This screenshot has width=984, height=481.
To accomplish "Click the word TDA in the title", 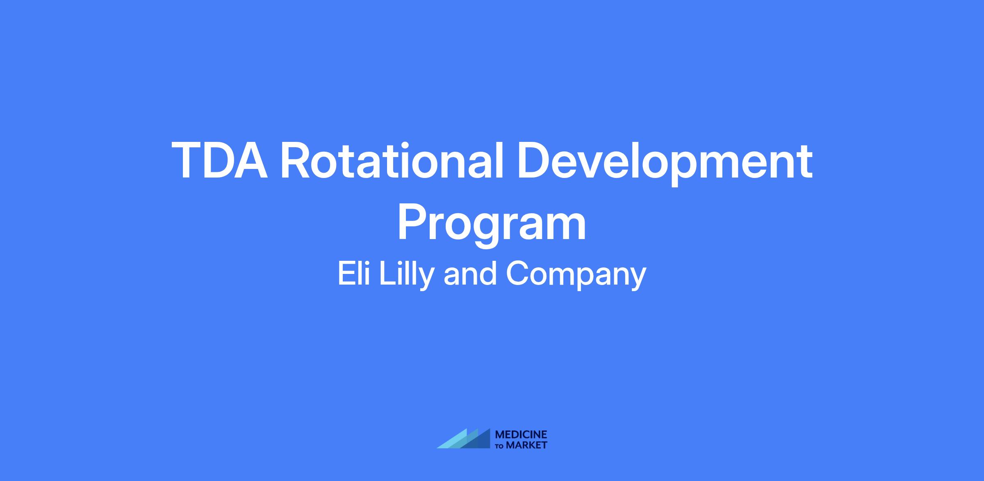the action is tap(220, 160).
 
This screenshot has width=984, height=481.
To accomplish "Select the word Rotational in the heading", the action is tap(392, 160).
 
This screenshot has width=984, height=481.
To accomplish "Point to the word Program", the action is tap(492, 225).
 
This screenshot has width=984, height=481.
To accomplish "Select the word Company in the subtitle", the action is tap(576, 276).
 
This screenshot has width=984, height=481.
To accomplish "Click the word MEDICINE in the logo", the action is tap(521, 435).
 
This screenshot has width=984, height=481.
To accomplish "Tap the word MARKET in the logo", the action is tap(526, 445).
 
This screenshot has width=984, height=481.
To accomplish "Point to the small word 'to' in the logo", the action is tap(500, 446).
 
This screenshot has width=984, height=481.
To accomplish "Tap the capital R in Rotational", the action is tap(297, 160).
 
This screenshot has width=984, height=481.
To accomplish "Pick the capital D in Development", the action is tap(535, 160).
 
